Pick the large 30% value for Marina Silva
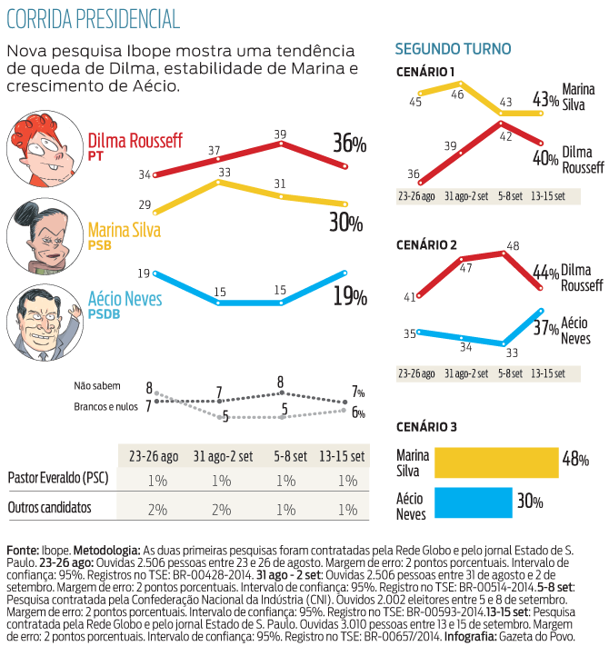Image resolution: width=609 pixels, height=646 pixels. click(345, 223)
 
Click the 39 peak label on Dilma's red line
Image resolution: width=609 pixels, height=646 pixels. click(282, 134)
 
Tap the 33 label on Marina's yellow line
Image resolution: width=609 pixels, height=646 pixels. click(222, 172)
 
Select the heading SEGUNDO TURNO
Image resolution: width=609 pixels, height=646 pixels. click(454, 49)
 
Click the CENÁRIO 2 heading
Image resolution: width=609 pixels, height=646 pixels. click(427, 245)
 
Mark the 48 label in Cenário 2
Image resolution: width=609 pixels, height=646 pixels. click(512, 245)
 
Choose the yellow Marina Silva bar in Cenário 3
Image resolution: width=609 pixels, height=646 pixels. click(495, 462)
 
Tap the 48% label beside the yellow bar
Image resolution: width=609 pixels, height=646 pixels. click(575, 460)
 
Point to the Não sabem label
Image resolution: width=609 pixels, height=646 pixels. click(97, 386)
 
